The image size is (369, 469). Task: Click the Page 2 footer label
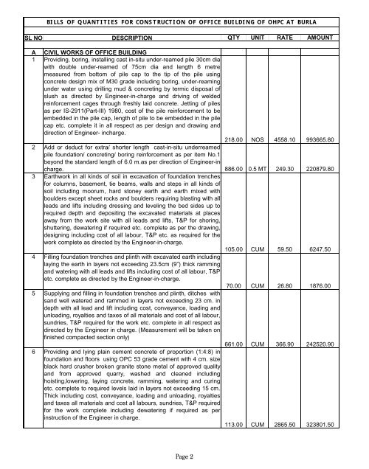click(x=184, y=456)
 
